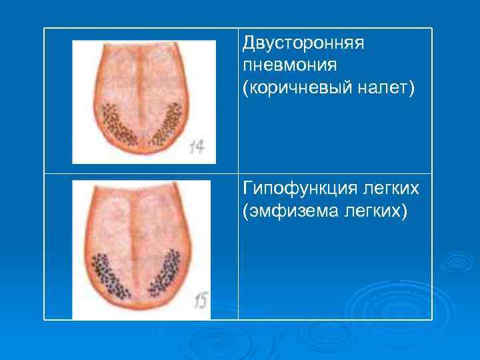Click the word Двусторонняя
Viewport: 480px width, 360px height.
pyautogui.click(x=303, y=44)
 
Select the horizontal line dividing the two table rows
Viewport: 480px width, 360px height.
pyautogui.click(x=333, y=174)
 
